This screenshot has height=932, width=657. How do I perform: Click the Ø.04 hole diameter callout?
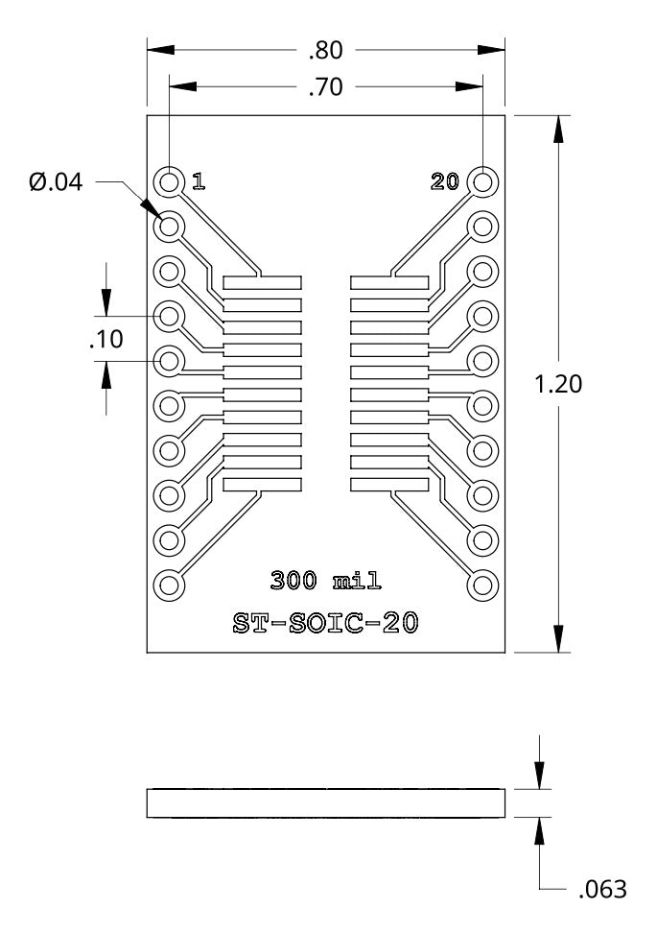56,181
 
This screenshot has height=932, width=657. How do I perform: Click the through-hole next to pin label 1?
170,181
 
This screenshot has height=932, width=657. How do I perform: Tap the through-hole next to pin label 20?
482,181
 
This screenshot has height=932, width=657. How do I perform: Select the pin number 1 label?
198,181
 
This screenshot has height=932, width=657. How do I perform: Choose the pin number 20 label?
445,181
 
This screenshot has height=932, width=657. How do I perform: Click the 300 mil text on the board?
326,581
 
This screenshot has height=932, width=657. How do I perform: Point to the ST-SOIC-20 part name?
326,623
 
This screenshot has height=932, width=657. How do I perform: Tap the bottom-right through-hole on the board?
482,585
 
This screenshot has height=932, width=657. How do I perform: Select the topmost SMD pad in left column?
262,284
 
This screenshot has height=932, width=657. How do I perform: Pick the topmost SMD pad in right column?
389,284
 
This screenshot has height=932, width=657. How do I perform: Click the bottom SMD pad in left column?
262,485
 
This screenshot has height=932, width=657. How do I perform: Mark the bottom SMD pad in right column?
389,485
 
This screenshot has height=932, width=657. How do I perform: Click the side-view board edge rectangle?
326,803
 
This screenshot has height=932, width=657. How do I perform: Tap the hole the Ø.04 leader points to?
170,227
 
